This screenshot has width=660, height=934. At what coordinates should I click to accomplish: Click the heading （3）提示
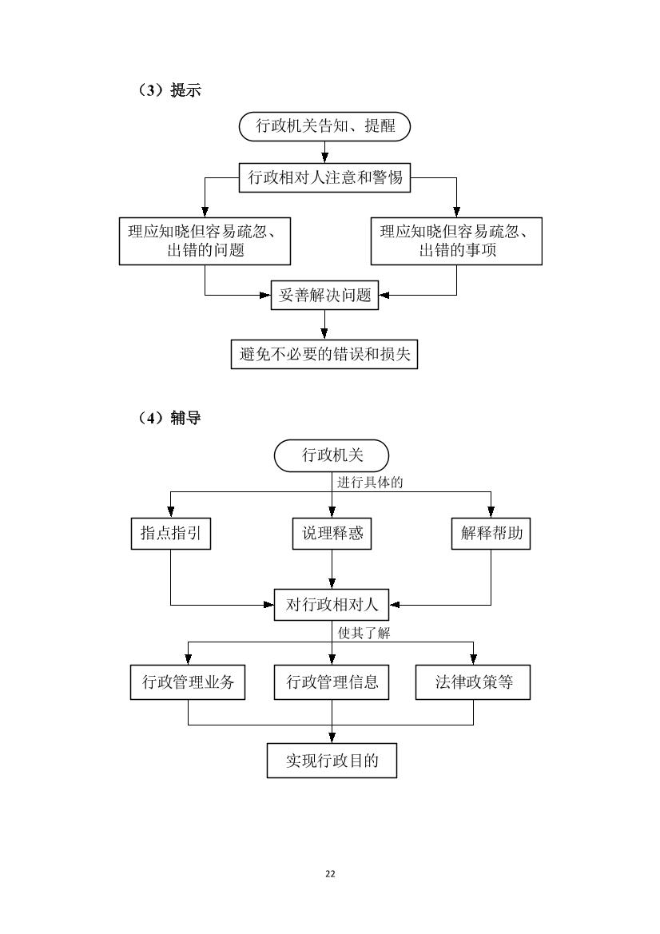[x=169, y=90]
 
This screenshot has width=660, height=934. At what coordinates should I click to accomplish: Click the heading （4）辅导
[x=169, y=418]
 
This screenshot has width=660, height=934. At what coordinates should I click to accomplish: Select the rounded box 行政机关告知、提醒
[x=324, y=126]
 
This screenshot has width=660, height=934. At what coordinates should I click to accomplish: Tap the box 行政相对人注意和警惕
[x=324, y=177]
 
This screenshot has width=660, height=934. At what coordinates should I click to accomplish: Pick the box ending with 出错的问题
[x=205, y=241]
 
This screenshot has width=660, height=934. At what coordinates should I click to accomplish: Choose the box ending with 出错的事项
[x=456, y=241]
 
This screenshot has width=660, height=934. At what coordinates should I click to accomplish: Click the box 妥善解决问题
[x=324, y=295]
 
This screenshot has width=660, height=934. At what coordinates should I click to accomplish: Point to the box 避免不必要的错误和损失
[x=324, y=355]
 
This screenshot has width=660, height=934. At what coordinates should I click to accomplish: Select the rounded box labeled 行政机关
[x=332, y=456]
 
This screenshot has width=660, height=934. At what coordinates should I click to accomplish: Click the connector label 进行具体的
[x=370, y=483]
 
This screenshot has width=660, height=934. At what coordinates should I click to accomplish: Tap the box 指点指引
[x=171, y=533]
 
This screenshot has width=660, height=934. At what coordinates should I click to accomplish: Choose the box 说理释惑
[x=332, y=533]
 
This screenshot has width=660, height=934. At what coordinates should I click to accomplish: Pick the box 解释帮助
[x=491, y=533]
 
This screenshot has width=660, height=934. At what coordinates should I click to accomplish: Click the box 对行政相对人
[x=332, y=605]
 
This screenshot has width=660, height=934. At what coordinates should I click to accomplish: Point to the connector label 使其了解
[x=364, y=634]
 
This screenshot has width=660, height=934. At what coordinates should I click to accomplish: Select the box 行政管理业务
[x=188, y=682]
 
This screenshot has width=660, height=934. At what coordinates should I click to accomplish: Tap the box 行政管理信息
[x=332, y=682]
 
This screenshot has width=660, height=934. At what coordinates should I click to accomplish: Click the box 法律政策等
[x=474, y=682]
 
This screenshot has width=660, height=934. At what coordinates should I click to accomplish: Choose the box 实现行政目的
[x=332, y=761]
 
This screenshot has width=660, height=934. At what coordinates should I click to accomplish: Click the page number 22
[x=330, y=874]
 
